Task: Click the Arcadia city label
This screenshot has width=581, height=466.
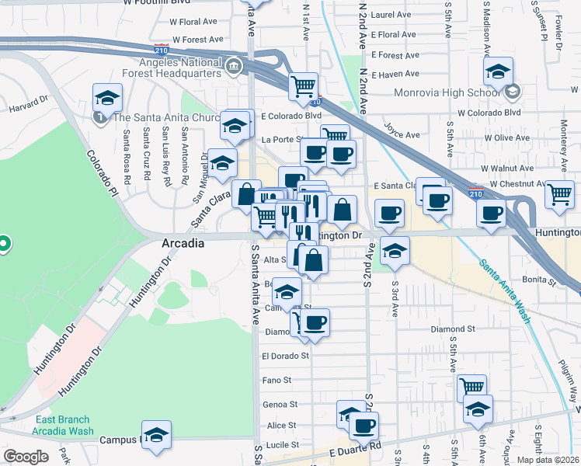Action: pos(183,243)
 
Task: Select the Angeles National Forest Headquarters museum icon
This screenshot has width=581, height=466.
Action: pos(234,70)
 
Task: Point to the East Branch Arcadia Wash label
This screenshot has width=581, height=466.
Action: pos(64,426)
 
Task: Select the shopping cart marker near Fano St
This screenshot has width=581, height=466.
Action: pos(471,385)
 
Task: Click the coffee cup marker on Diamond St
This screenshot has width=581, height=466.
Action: pos(315,322)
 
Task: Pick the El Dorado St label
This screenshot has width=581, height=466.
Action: pos(285,356)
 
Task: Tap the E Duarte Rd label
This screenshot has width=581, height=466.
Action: pos(355,448)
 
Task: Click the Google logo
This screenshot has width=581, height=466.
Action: pos(26,457)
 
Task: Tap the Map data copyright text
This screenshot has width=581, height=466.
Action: pos(548,460)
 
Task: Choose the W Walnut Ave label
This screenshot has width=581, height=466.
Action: pos(506,168)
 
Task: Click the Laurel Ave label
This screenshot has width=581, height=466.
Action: pos(391,15)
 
